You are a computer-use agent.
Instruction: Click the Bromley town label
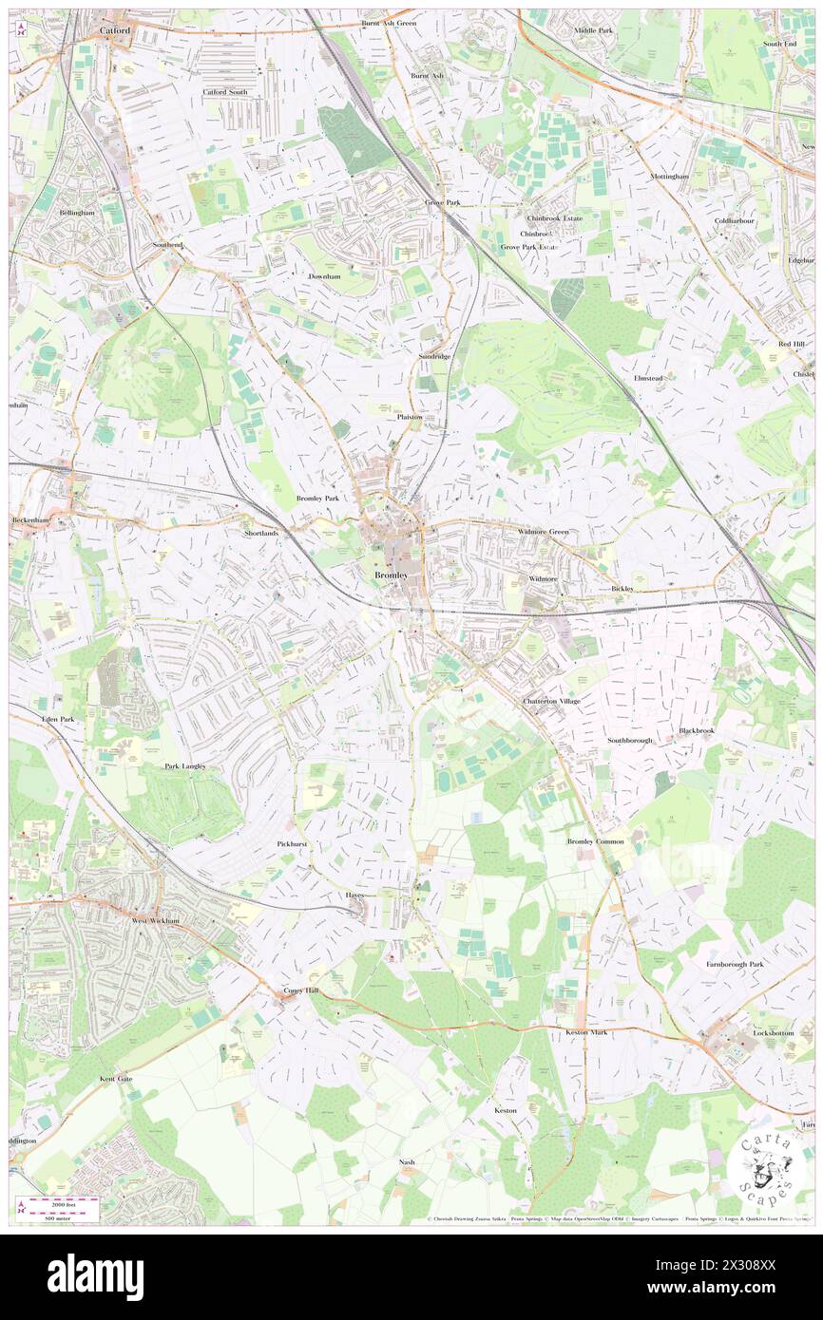(x=391, y=575)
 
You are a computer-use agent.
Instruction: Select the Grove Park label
(x=441, y=203)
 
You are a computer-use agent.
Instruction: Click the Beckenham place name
(x=29, y=520)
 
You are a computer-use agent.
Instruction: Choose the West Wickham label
(x=155, y=920)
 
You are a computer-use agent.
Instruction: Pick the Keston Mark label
(x=585, y=1031)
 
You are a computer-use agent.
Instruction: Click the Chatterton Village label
(x=551, y=701)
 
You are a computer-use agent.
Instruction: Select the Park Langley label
(x=184, y=765)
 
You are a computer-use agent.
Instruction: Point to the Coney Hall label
(x=303, y=990)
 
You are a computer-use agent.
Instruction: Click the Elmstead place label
(x=648, y=378)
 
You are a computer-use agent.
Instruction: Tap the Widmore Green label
(x=543, y=532)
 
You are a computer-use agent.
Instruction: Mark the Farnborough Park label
(x=735, y=964)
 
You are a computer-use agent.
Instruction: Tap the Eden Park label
(x=57, y=720)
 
